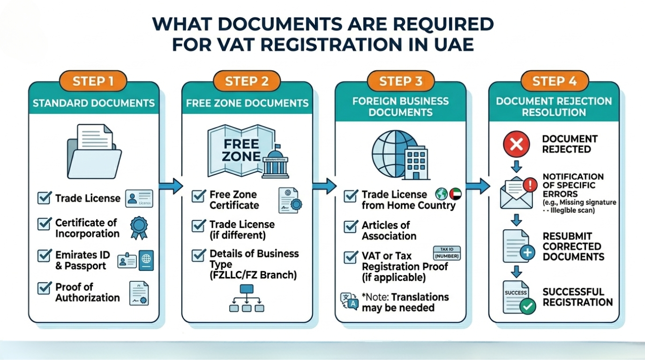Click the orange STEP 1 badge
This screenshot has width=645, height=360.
93,81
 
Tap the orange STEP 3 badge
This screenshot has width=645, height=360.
400,81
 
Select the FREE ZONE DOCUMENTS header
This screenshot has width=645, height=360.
247,103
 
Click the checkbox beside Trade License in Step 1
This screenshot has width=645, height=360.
44,198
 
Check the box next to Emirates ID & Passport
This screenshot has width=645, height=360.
44,255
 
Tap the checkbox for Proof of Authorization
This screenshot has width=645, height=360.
44,287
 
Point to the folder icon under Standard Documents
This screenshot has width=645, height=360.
94,150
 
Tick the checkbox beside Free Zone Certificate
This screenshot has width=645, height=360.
198,195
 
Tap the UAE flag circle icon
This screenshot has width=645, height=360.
455,194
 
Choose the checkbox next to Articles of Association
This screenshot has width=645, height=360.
351,226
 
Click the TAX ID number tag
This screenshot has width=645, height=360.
447,254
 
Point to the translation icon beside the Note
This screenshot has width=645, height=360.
349,302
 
